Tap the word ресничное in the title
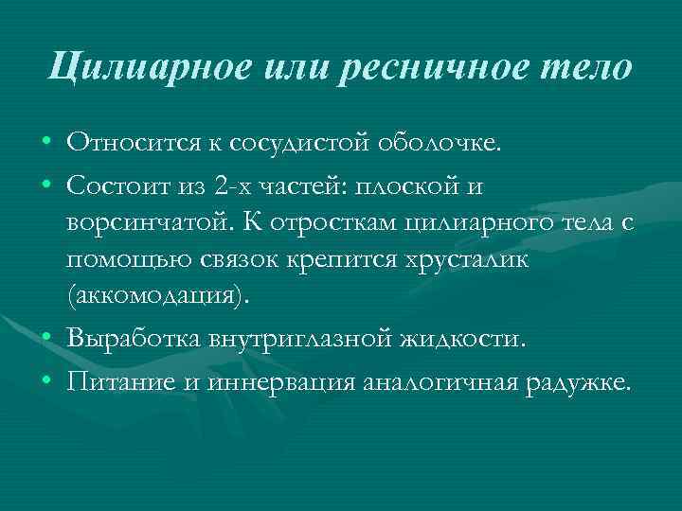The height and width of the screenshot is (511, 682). tap(428, 68)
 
